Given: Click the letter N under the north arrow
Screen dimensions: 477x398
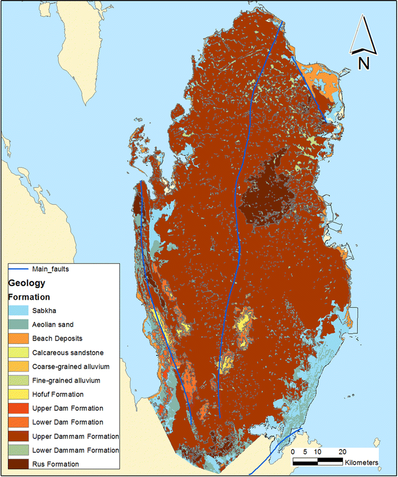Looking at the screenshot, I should click(364, 62).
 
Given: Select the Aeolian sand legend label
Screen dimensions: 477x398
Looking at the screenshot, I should click(53, 324).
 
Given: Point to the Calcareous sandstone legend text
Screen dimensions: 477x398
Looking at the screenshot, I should click(68, 352).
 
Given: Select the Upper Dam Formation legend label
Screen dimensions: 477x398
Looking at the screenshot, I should click(67, 408).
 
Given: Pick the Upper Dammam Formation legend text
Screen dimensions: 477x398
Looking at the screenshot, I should click(75, 436).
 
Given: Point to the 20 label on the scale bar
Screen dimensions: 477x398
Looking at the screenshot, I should click(342, 451).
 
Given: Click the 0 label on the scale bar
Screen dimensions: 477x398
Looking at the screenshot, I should click(293, 451).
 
